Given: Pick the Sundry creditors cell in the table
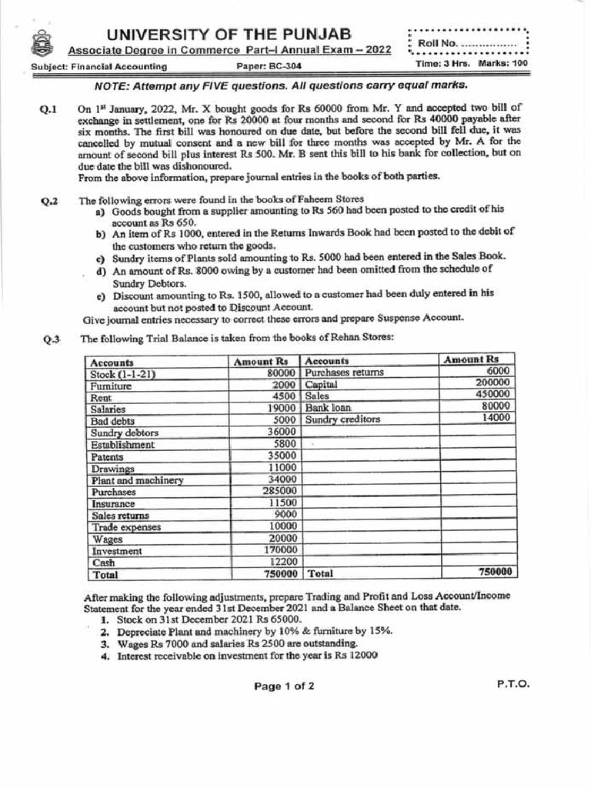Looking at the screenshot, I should coord(342,419).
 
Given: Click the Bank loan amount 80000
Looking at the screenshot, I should coord(496,406).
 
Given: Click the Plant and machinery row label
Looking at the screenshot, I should coord(137,479).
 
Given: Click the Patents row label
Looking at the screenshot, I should coord(108,456).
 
